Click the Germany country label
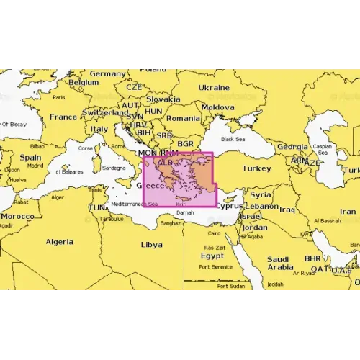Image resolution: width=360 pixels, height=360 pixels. coord(108,73)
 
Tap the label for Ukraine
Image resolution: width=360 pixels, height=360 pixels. coord(213,86)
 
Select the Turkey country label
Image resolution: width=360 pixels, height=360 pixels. coord(256,168)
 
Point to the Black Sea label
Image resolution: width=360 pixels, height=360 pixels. coord(233,138)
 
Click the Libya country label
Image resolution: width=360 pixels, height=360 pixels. coord(151,244)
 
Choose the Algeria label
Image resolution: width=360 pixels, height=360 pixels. coord(60,242)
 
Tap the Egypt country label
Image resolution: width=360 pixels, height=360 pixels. coord(212,255)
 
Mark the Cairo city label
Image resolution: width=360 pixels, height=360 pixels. coord(214,233)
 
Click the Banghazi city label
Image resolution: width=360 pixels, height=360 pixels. coord(171,223)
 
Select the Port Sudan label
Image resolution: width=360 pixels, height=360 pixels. coord(233,285)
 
